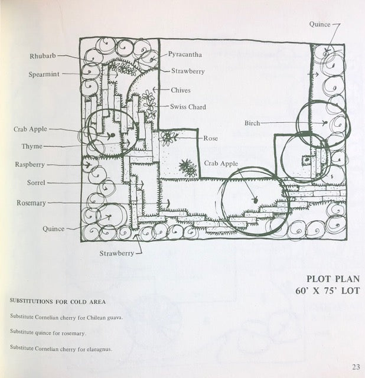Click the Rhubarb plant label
pos(43,56)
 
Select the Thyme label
pos(32,146)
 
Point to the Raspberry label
pos(30,164)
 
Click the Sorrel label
pos(36,183)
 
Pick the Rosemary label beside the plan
pos(31,203)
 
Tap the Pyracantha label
pos(185,54)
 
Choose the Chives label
pos(181,90)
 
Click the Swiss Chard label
pos(188,107)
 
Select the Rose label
pos(211,138)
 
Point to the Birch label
pos(252,123)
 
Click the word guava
pos(113,317)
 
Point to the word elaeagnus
pos(99,348)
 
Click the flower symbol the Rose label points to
pos(169,138)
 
